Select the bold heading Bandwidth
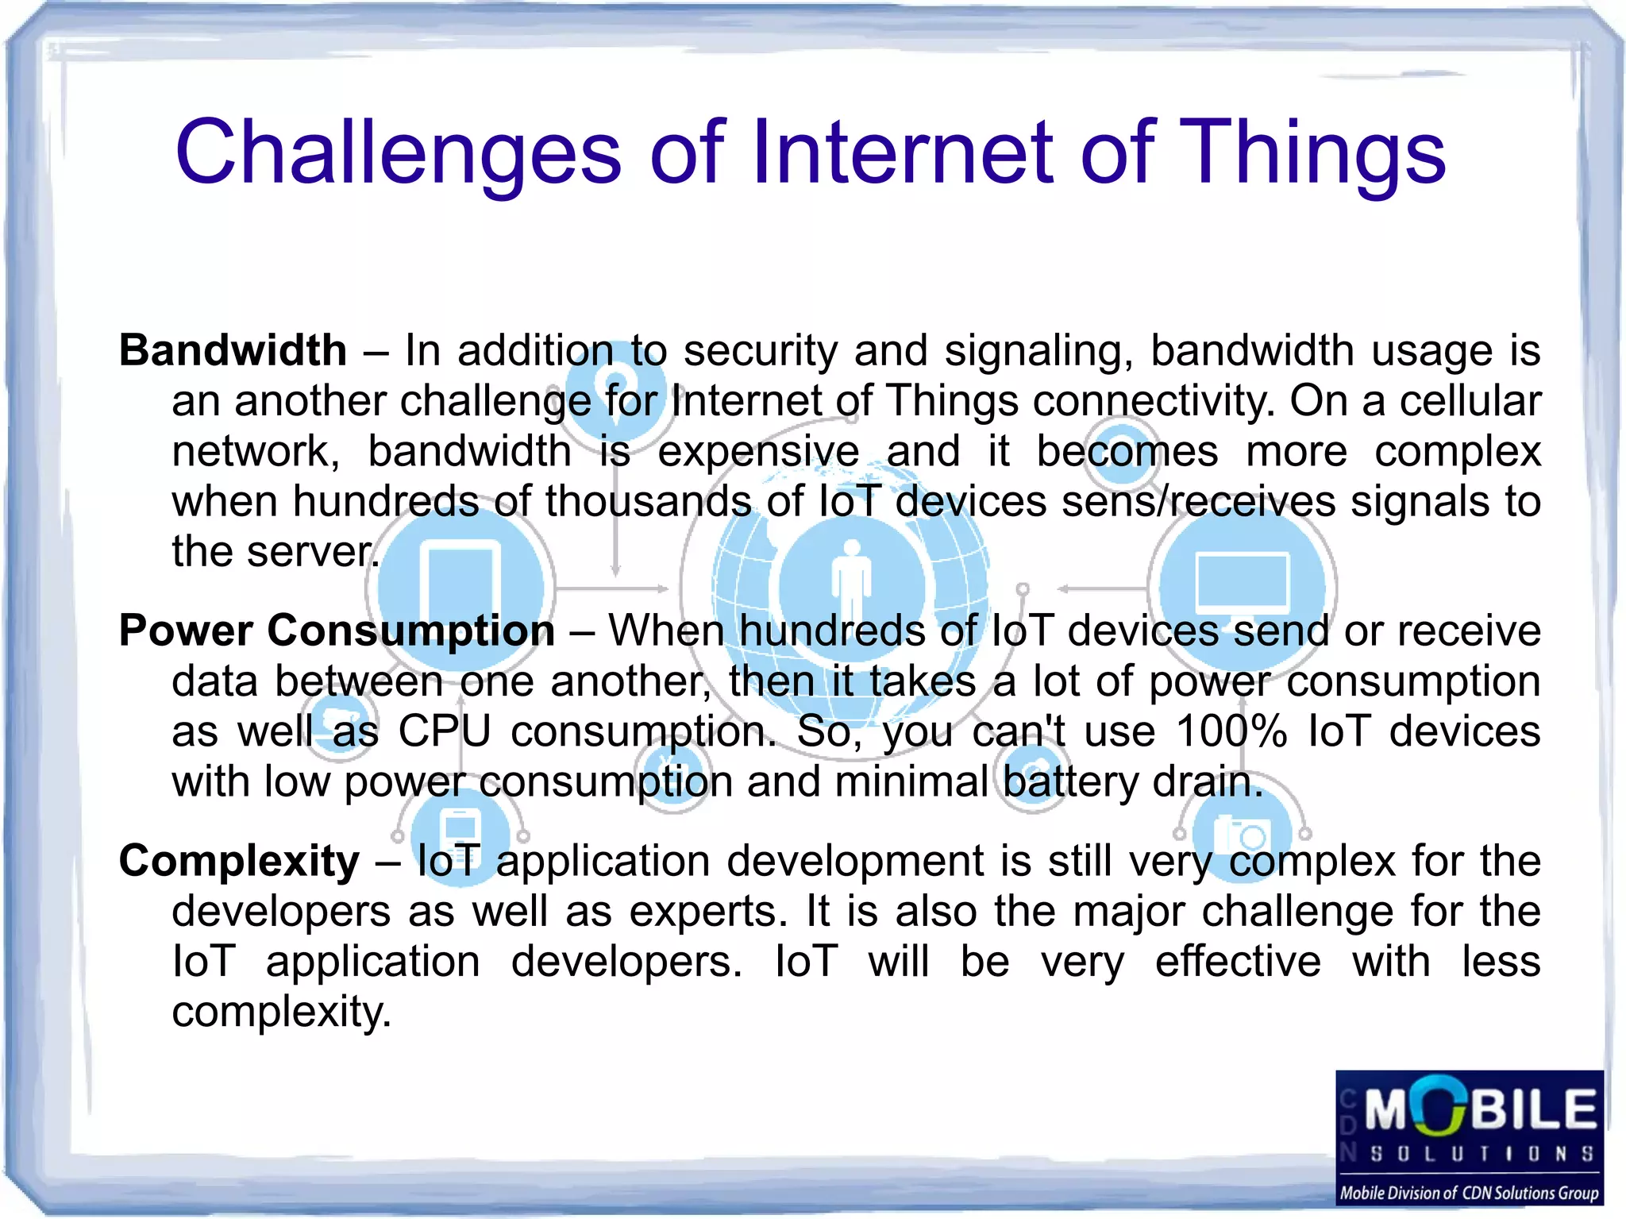(x=233, y=350)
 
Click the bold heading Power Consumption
(x=337, y=631)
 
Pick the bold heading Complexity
(x=239, y=861)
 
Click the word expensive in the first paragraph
(x=758, y=451)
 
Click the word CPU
(x=444, y=731)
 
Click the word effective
(x=1237, y=962)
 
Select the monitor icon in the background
(x=1242, y=584)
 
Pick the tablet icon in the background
(x=460, y=584)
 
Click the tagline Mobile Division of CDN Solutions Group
(x=1469, y=1193)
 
